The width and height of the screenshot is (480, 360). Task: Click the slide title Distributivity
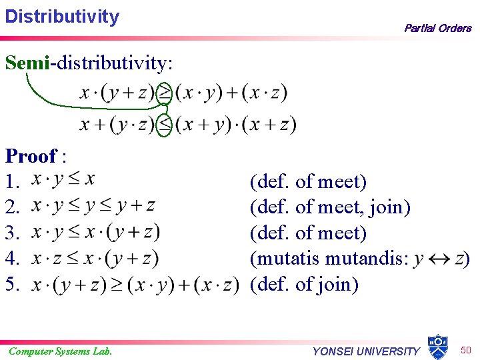(62, 16)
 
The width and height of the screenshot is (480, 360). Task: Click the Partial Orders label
(437, 28)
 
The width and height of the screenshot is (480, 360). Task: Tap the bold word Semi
(27, 63)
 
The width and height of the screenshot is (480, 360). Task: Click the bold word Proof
(31, 156)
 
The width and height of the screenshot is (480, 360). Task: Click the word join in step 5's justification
(340, 285)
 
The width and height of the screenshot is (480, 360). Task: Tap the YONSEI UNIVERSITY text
(367, 351)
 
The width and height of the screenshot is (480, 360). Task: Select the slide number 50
(465, 349)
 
